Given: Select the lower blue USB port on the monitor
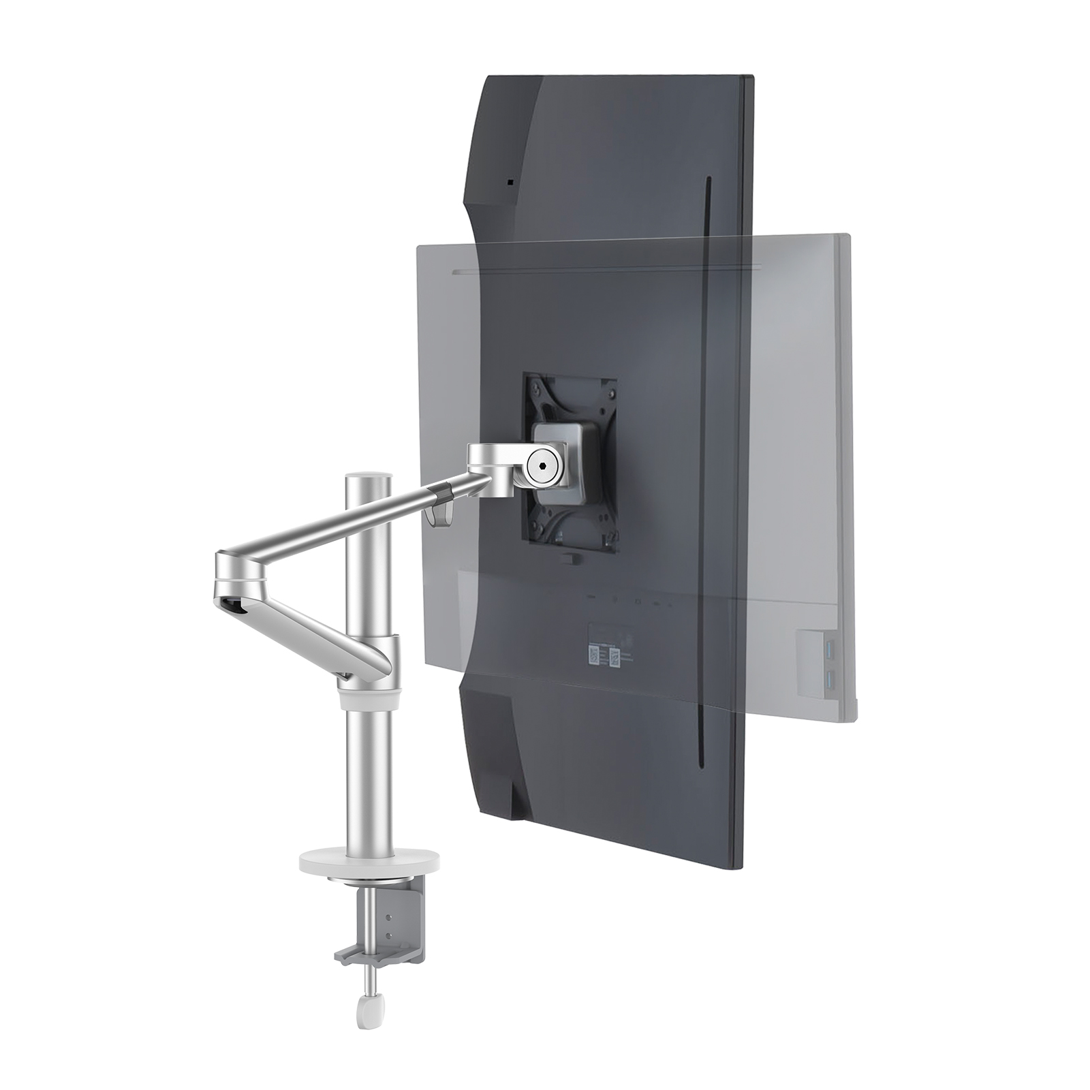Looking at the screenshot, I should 829,677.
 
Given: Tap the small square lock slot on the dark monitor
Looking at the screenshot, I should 510,183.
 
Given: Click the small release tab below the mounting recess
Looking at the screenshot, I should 567,558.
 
